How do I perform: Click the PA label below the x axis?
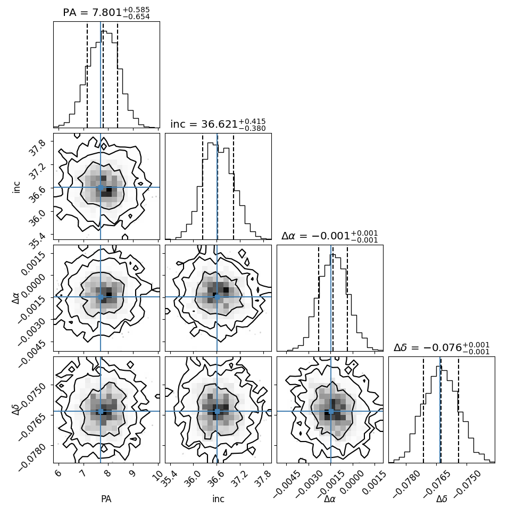[106, 499]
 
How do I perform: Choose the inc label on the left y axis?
[16, 186]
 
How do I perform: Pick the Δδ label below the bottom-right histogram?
[442, 499]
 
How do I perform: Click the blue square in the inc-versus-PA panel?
[101, 187]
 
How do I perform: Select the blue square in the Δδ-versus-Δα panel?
[331, 411]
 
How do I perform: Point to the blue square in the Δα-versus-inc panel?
[217, 297]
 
